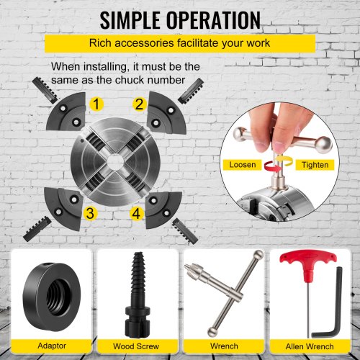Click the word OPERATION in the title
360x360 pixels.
[x=213, y=20]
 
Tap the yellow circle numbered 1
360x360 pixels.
[x=96, y=104]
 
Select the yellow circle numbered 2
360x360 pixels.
[x=140, y=104]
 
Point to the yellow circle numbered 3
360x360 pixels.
[x=90, y=213]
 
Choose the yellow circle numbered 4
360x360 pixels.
[x=136, y=213]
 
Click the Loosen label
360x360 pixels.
[x=243, y=165]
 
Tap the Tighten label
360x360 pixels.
[x=315, y=165]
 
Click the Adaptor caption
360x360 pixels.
[x=52, y=346]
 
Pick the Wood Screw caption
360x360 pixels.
[x=136, y=346]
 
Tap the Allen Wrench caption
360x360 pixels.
[x=310, y=346]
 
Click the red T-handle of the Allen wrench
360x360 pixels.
[x=308, y=262]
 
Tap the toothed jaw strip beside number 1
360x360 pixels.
[x=45, y=90]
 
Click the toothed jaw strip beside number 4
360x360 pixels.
[x=185, y=231]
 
